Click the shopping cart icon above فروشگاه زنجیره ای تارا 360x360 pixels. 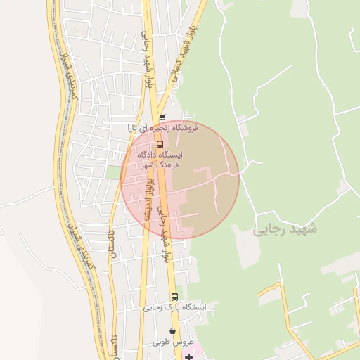click(162, 118)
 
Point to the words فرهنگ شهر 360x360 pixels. click(160, 164)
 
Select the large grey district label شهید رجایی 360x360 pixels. click(285, 229)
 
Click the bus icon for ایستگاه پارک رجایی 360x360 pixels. click(174, 297)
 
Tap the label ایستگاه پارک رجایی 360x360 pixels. click(174, 307)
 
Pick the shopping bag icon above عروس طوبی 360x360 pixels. click(173, 331)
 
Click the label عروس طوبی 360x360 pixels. click(172, 342)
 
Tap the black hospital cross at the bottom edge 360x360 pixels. click(188, 357)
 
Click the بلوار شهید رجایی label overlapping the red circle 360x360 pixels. click(164, 232)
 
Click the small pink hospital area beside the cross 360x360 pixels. click(196, 349)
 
